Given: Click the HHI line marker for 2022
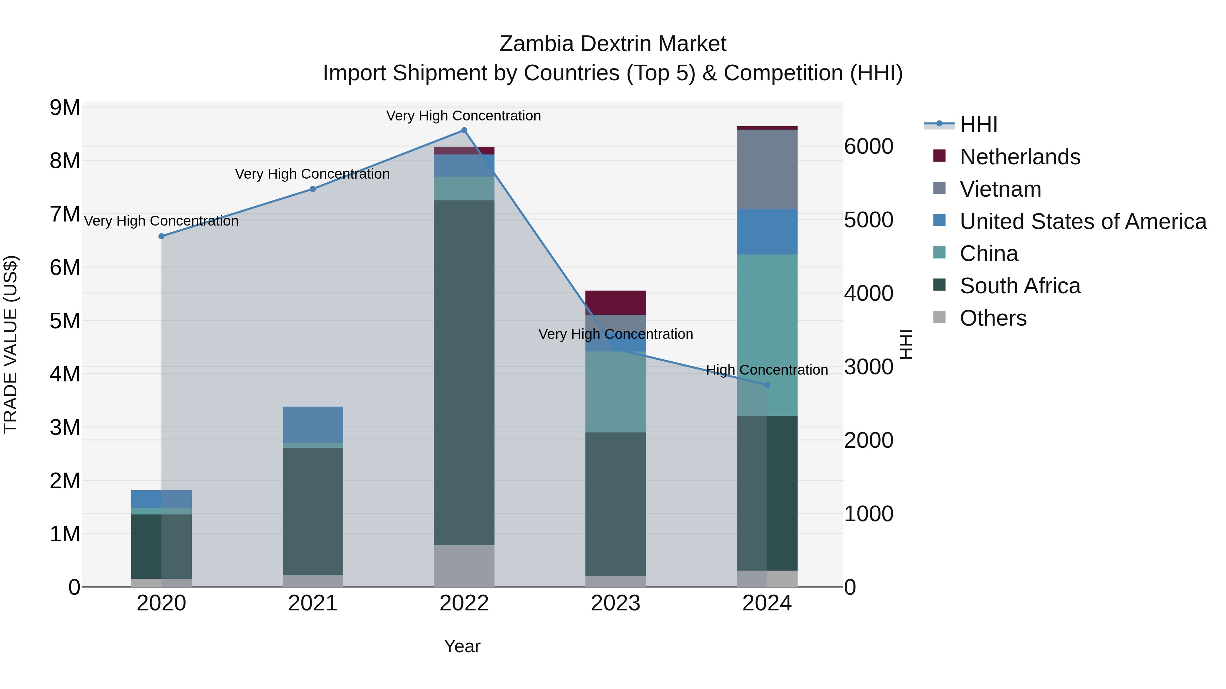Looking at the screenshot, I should click(464, 130).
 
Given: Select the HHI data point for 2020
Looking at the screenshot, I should click(161, 236).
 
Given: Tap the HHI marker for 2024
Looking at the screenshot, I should click(767, 385).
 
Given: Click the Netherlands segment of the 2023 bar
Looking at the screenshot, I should click(615, 302).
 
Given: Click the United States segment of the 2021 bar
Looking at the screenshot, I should click(313, 424).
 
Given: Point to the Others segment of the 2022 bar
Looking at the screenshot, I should click(464, 565).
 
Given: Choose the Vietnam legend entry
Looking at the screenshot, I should click(1001, 189).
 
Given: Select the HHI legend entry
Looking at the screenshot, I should click(978, 125).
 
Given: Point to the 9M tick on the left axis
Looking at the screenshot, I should click(65, 108).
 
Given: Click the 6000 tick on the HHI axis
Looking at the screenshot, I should click(868, 146).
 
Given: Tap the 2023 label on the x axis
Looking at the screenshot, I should click(615, 603).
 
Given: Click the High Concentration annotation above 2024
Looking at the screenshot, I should click(767, 370).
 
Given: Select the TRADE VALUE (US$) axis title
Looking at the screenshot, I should click(11, 344).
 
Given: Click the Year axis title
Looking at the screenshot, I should click(462, 646).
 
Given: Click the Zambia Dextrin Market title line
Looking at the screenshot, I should click(613, 44).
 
